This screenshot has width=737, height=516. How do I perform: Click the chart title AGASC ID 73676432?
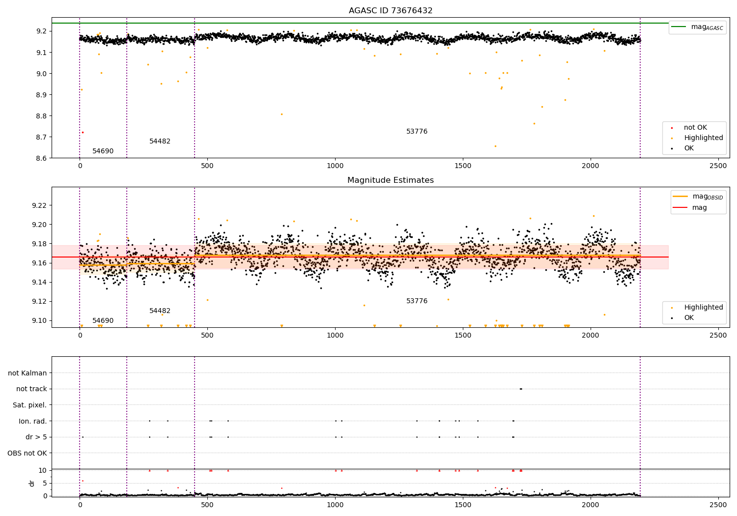tap(391, 10)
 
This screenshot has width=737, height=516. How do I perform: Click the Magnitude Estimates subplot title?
tap(391, 180)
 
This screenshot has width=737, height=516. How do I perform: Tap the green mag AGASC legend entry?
tap(698, 27)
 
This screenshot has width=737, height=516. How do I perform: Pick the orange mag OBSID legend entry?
tap(698, 197)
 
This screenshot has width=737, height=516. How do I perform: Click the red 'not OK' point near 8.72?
tap(83, 132)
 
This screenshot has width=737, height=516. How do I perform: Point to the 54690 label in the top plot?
tap(103, 151)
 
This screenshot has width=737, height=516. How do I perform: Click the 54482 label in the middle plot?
tap(160, 311)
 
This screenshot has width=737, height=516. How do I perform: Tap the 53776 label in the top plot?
tap(417, 131)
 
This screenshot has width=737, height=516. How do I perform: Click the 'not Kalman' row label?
tap(28, 373)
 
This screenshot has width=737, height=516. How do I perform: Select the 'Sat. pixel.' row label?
tap(29, 405)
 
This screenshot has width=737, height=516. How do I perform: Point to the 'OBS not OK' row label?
tap(28, 453)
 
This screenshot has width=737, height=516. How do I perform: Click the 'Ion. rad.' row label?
tap(32, 421)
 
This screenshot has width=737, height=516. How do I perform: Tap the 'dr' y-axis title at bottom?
tap(31, 483)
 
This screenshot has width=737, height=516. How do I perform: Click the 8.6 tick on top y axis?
tap(42, 158)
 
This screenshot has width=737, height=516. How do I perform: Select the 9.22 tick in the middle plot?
tap(40, 205)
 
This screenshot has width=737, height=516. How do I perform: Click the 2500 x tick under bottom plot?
tap(718, 505)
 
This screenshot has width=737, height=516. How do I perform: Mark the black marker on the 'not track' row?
tap(521, 389)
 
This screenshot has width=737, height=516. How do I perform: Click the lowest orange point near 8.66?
tap(495, 146)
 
